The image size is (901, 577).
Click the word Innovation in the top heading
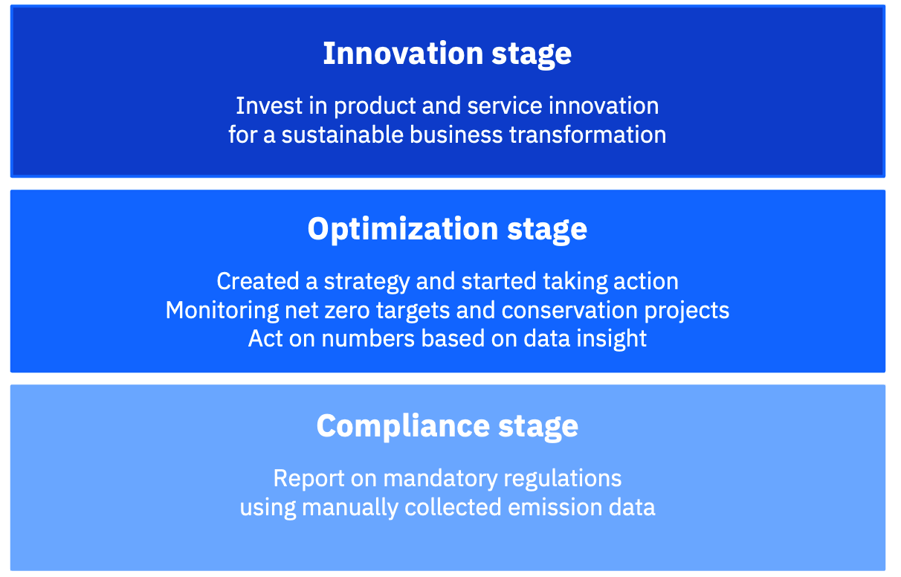click(x=403, y=54)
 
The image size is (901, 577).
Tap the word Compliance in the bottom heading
click(x=403, y=426)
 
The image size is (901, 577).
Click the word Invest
click(x=269, y=106)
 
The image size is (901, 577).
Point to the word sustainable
click(x=342, y=135)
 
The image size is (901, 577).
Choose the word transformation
click(x=588, y=135)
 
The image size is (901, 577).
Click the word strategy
click(x=366, y=282)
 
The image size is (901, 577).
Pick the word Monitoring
click(x=222, y=311)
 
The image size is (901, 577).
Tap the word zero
click(x=347, y=311)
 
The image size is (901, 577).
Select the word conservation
click(x=569, y=311)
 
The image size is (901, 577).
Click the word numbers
click(x=368, y=339)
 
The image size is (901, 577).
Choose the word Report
click(x=309, y=479)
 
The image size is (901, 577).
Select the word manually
click(x=350, y=508)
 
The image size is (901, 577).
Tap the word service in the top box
click(x=505, y=106)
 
